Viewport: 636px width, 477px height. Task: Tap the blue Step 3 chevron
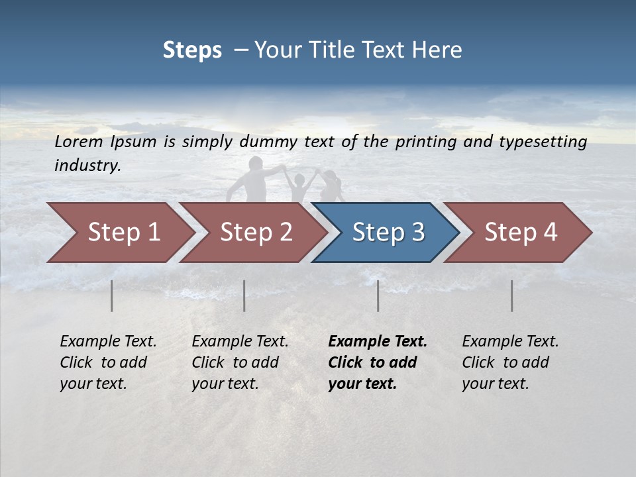pyautogui.click(x=388, y=233)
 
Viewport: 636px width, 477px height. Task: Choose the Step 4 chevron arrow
pyautogui.click(x=521, y=233)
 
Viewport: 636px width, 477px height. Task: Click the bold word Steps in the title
pyautogui.click(x=192, y=50)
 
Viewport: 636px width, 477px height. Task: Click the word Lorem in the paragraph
pyautogui.click(x=79, y=141)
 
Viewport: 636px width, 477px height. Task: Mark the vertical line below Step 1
pyautogui.click(x=112, y=295)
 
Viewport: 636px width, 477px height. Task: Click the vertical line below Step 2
pyautogui.click(x=244, y=295)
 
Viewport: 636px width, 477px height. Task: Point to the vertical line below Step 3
pyautogui.click(x=378, y=295)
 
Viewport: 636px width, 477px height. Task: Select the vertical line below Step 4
pyautogui.click(x=512, y=295)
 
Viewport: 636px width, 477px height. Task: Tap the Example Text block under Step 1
pyautogui.click(x=108, y=362)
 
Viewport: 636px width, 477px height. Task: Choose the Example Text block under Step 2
pyautogui.click(x=240, y=362)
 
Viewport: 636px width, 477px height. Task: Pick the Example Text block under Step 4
pyautogui.click(x=510, y=362)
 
